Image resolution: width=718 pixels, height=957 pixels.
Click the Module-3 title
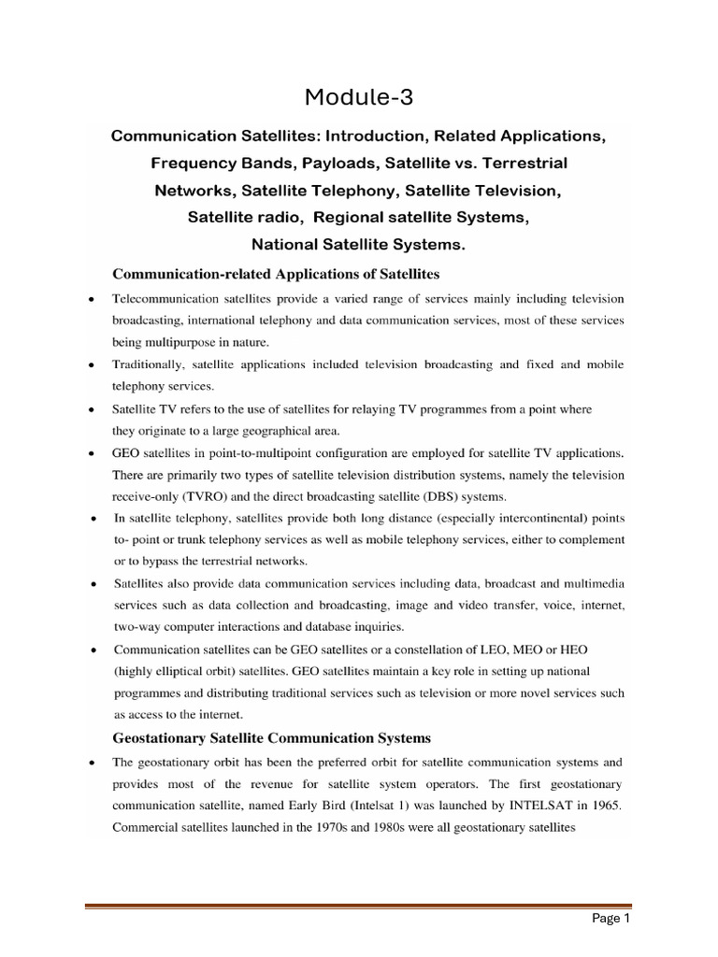(x=359, y=95)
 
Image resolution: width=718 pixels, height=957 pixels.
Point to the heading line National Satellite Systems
(x=358, y=245)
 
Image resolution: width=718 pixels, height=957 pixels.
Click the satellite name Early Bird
(x=340, y=804)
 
